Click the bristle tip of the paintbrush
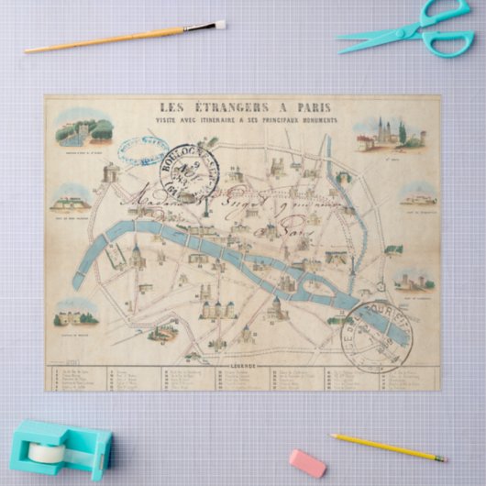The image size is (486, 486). pyautogui.click(x=219, y=25)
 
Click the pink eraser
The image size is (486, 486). pyautogui.click(x=307, y=462)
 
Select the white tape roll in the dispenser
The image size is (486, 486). pyautogui.click(x=45, y=451)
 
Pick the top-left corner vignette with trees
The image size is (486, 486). pyautogui.click(x=83, y=131)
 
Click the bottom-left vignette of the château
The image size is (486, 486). pyautogui.click(x=76, y=315)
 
